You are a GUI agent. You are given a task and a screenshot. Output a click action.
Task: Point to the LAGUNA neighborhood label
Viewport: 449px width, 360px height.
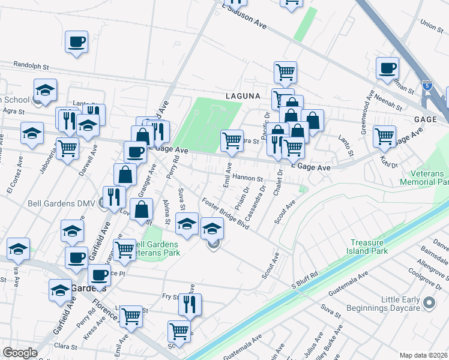[x=243, y=95]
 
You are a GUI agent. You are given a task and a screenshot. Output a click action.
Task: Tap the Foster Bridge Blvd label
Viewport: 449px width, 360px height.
[x=226, y=214]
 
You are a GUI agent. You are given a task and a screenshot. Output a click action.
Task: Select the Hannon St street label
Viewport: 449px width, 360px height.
[x=249, y=178]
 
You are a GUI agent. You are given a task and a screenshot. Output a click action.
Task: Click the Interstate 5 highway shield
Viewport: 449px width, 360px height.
[x=427, y=85]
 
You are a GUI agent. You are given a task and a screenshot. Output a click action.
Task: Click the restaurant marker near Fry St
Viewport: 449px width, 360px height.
[x=190, y=304]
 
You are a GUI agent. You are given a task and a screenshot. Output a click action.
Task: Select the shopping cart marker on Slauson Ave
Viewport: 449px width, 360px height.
[x=291, y=2]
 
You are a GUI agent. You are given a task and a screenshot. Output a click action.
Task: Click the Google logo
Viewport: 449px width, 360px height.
[x=20, y=353]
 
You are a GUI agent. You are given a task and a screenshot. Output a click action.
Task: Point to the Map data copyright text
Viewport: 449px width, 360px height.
[x=424, y=355]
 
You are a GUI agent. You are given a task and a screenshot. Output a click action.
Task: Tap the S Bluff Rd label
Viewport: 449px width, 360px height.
[x=304, y=282]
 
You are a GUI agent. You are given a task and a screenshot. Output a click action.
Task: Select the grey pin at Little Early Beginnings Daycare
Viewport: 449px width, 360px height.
[x=429, y=304]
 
